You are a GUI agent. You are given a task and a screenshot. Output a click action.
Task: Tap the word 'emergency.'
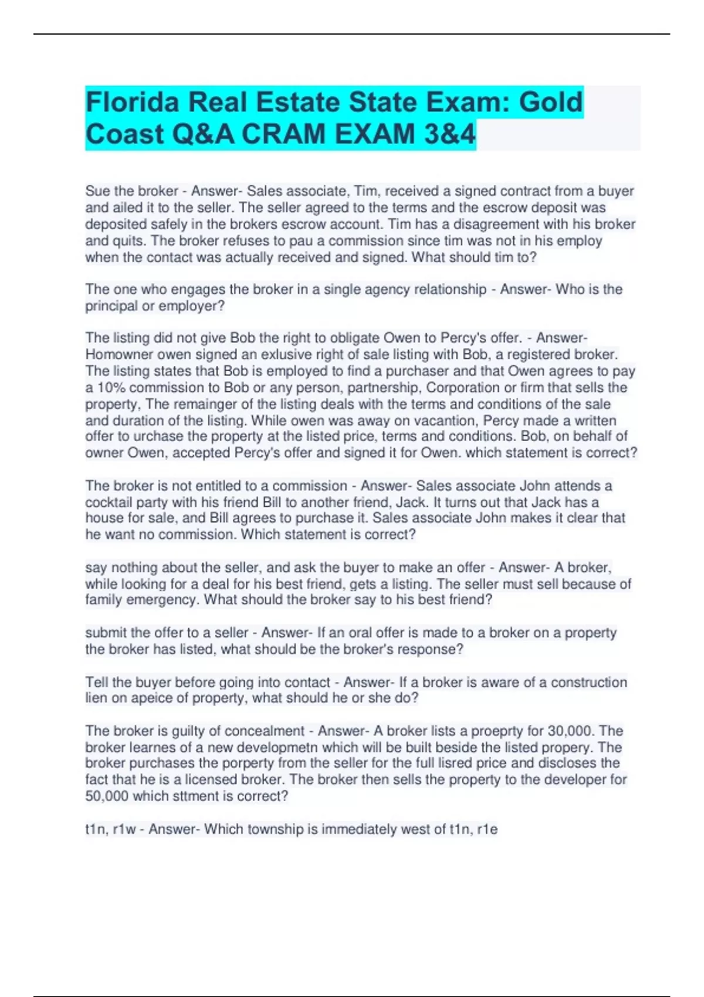coord(164,600)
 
